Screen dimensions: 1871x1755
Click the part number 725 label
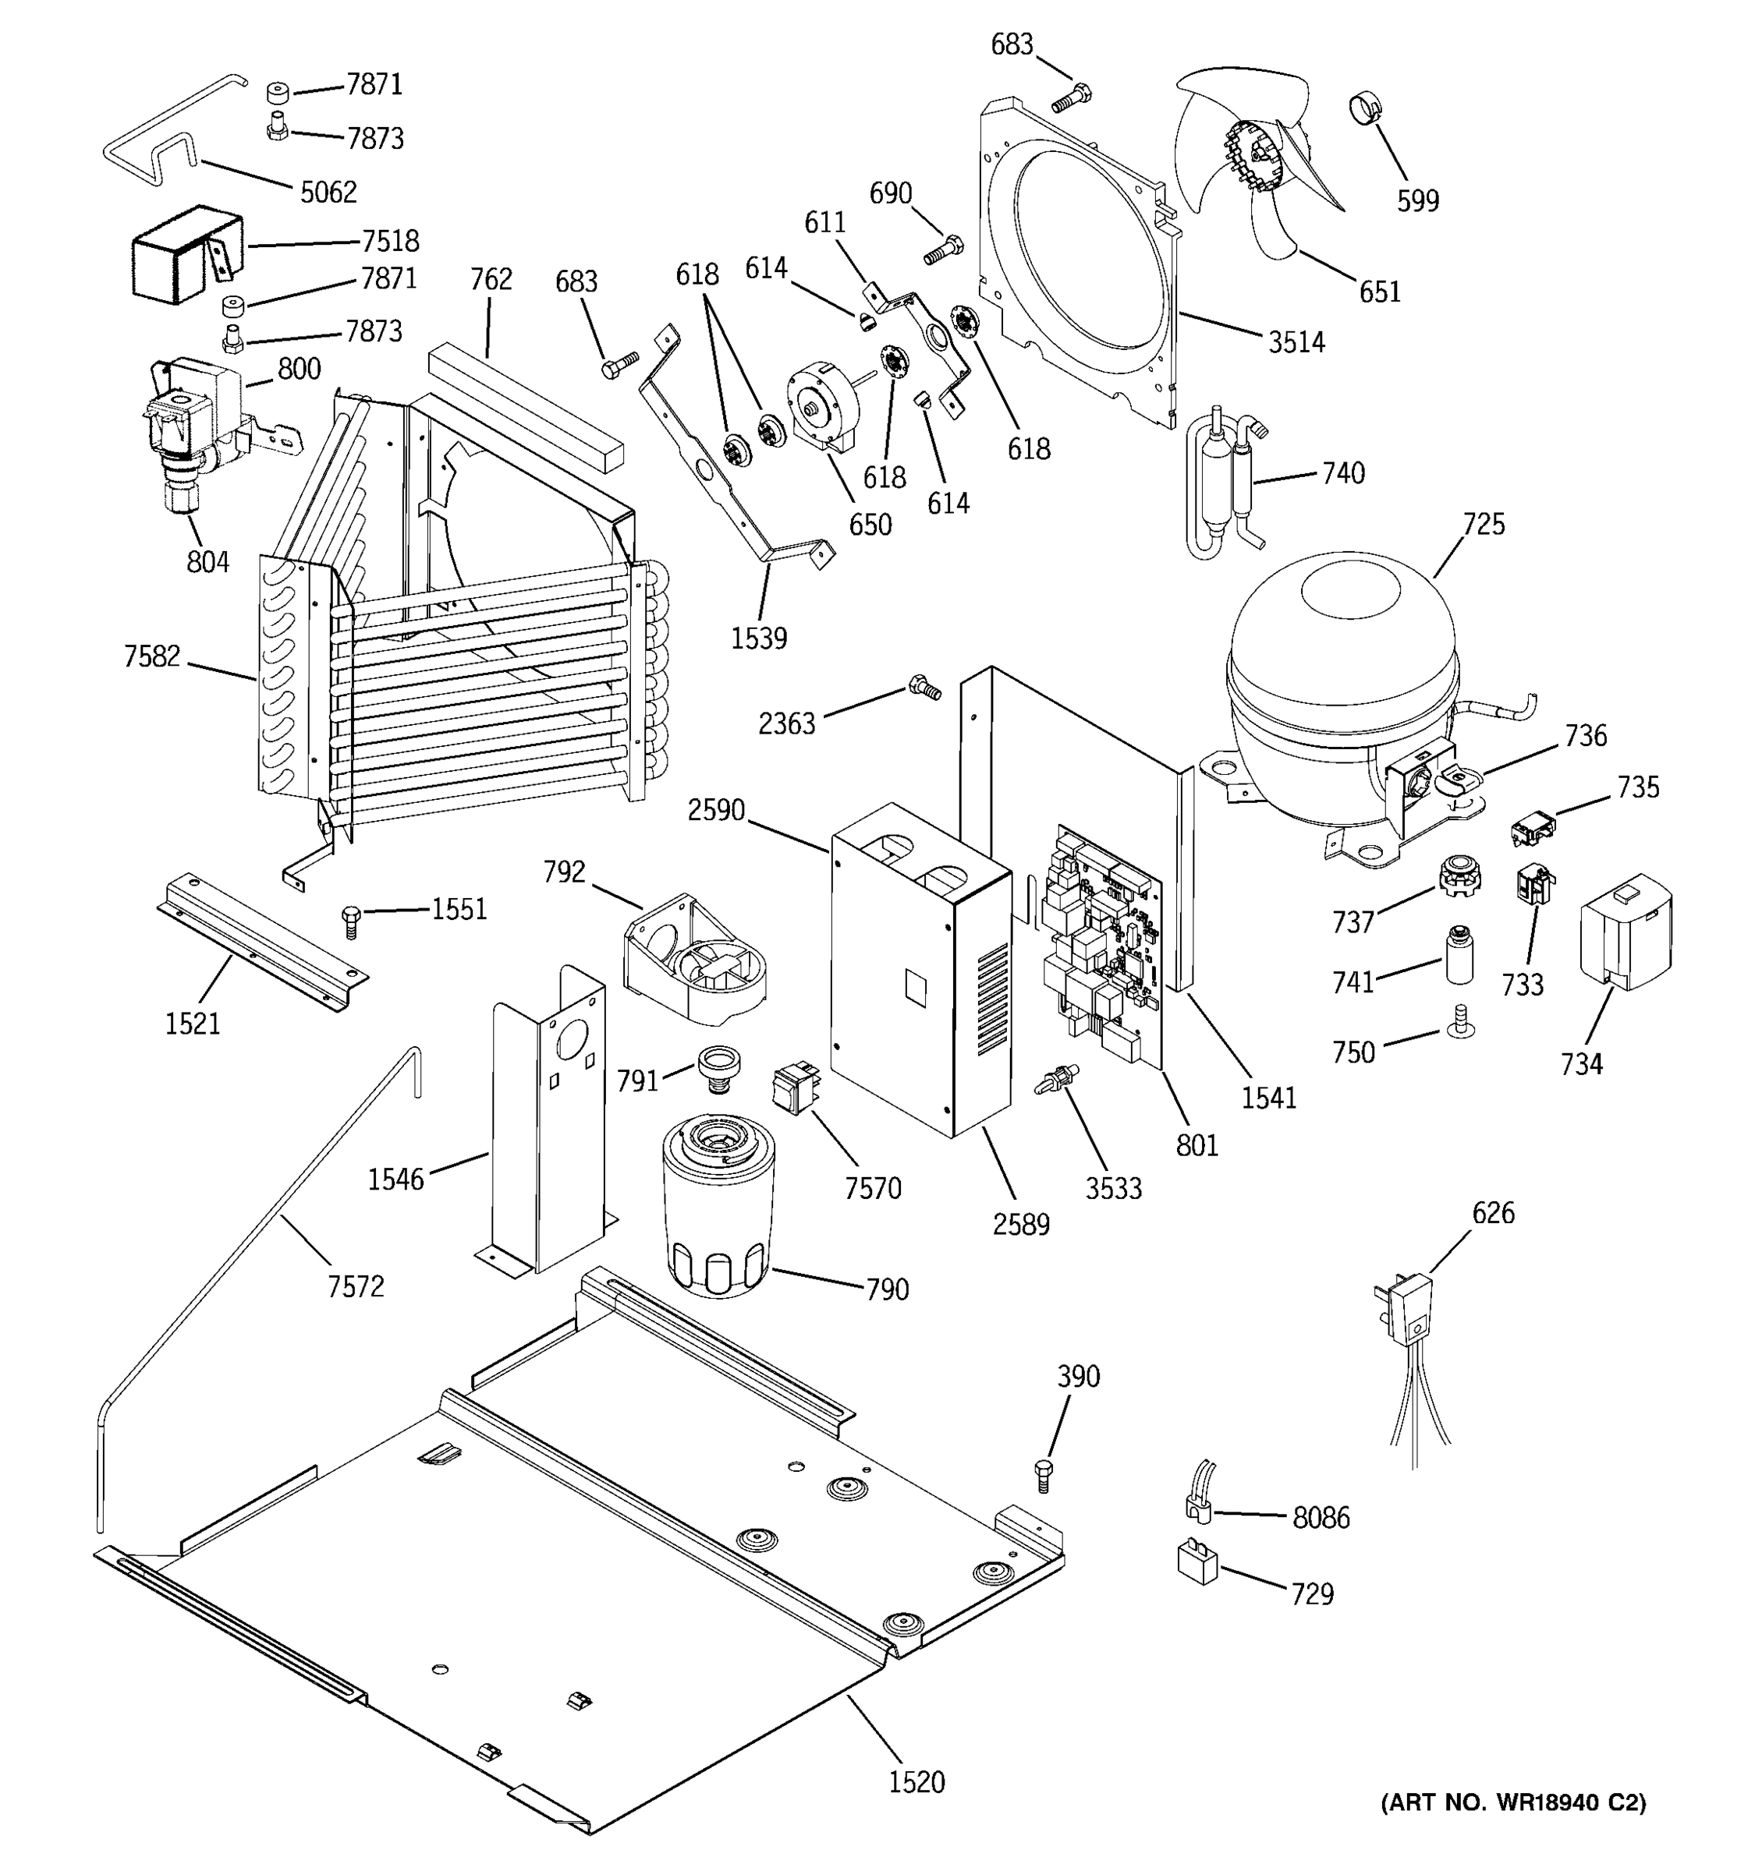1484,524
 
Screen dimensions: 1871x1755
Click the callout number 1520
916,1781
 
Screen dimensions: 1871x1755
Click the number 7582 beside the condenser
151,656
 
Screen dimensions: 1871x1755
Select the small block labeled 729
1197,1565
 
